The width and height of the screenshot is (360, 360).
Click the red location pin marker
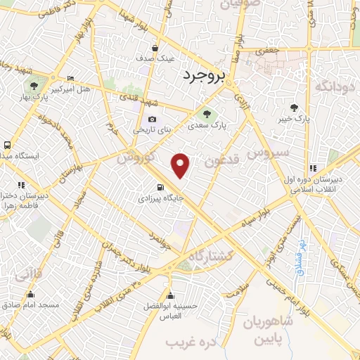(181, 165)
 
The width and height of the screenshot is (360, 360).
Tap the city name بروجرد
(205, 75)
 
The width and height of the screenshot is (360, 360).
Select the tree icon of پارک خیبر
(295, 107)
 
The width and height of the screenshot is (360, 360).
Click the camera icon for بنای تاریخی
(152, 119)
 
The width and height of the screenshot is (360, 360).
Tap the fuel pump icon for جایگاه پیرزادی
(162, 187)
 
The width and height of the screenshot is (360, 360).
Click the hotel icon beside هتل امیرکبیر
(70, 78)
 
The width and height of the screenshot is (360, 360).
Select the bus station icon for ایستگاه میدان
(7, 145)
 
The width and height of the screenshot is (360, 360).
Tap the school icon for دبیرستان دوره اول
(312, 167)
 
